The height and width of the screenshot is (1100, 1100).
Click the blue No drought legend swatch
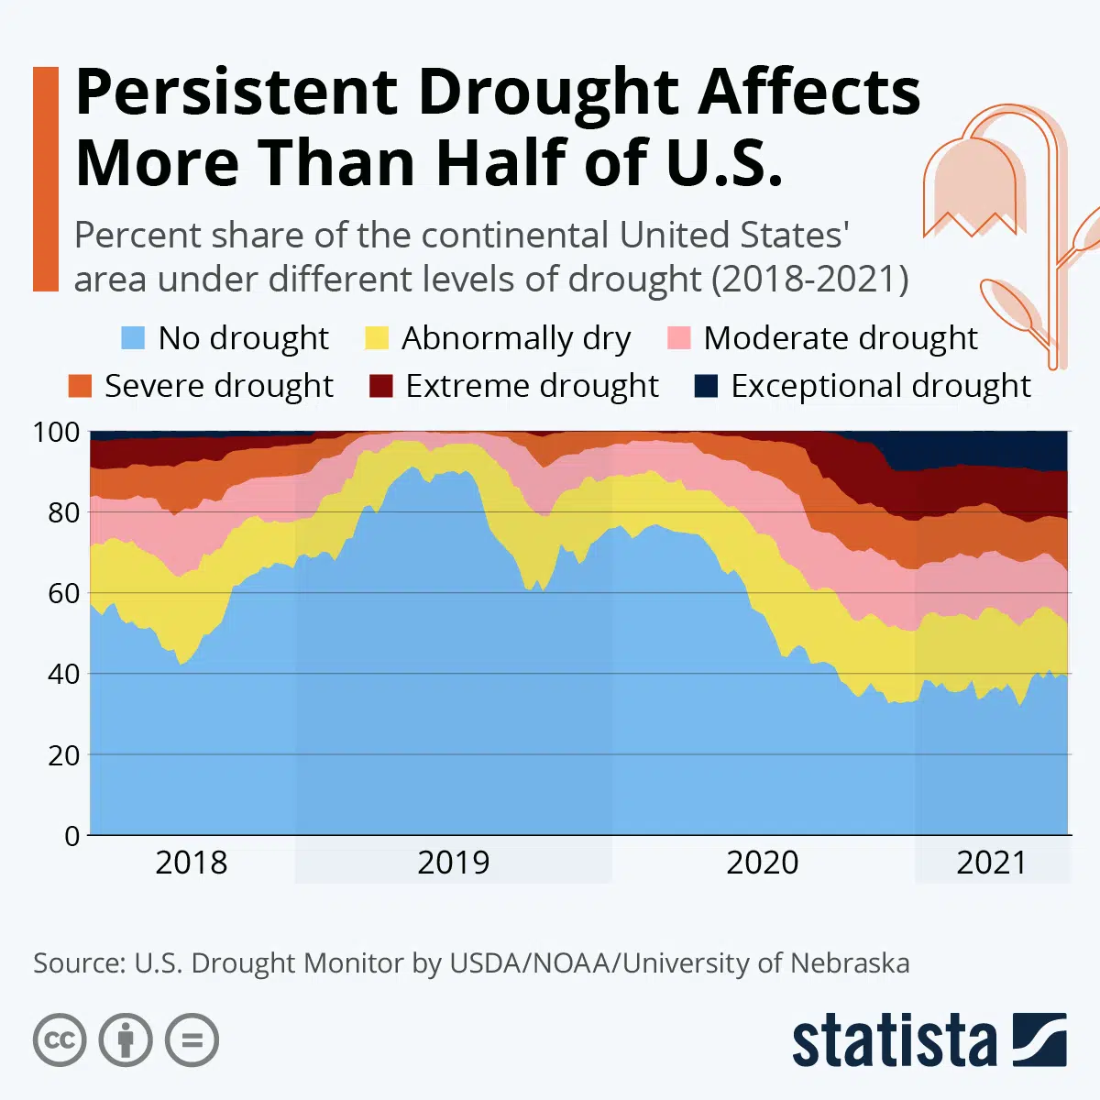133,338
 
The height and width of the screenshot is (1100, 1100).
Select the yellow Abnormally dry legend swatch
377,338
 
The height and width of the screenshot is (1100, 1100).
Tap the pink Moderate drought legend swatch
678,338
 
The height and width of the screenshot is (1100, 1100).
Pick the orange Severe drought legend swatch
81,386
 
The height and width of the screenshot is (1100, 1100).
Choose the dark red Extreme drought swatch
380,386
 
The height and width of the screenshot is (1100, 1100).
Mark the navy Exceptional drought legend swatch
706,386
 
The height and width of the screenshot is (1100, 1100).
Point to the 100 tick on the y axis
57,432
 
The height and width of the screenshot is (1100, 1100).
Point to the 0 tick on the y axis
71,835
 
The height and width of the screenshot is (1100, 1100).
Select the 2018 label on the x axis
191,863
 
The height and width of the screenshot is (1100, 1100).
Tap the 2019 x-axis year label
453,863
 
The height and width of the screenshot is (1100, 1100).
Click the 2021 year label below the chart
991,863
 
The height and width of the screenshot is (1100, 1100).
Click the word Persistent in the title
236,93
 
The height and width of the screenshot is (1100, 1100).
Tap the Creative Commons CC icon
60,1040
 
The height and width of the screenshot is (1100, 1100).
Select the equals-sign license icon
192,1040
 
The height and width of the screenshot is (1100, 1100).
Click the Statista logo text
894,1042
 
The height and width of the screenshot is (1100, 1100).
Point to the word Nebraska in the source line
849,963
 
